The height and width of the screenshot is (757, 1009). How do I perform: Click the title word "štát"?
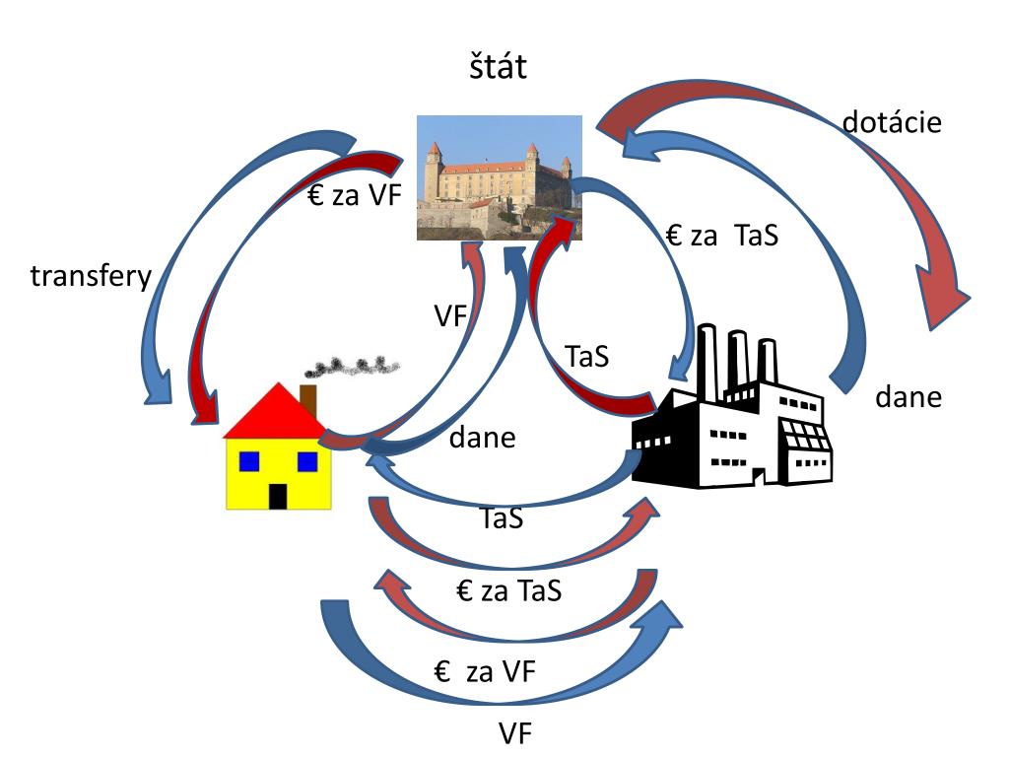click(498, 67)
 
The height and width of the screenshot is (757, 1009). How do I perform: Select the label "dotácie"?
click(892, 121)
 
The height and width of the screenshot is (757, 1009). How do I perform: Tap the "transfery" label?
click(91, 277)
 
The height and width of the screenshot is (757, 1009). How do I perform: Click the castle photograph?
click(500, 177)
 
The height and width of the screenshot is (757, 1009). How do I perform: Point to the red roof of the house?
click(276, 412)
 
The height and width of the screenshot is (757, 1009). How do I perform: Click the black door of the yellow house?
click(277, 497)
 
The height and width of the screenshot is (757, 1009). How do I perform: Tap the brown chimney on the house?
click(308, 400)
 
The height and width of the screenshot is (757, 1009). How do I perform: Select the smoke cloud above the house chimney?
click(352, 367)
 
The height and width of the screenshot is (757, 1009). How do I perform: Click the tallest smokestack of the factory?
click(707, 362)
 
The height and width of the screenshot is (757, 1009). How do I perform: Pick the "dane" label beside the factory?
click(908, 397)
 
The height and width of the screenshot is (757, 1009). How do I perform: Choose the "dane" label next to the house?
click(482, 438)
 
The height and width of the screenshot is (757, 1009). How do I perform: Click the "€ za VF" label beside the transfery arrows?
click(355, 194)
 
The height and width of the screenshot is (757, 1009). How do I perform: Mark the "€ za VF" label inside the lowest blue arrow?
click(485, 672)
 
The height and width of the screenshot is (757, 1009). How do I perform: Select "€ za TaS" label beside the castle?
click(722, 235)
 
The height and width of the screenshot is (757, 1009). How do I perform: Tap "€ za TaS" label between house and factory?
click(509, 590)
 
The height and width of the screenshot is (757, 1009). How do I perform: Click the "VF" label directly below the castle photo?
click(449, 316)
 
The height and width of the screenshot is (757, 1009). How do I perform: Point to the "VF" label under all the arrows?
click(515, 733)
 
